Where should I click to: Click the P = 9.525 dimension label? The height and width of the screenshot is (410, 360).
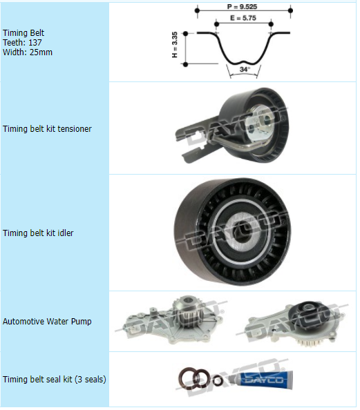(242, 6)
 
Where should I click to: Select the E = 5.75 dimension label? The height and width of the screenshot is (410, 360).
(243, 18)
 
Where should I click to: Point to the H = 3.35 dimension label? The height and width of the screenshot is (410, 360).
(175, 45)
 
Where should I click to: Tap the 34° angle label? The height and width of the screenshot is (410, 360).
(245, 69)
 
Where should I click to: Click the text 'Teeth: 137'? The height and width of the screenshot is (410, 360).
(22, 42)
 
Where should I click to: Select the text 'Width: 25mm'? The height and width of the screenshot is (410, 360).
(28, 52)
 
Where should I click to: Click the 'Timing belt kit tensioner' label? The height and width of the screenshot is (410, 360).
(47, 128)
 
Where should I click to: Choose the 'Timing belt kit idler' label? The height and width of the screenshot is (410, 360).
(38, 233)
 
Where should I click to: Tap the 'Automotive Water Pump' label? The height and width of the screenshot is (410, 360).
(47, 321)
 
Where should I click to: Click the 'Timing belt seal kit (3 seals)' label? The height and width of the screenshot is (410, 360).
(55, 379)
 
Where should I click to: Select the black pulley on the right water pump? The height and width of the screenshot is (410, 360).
(312, 312)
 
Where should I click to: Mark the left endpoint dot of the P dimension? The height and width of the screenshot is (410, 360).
(198, 10)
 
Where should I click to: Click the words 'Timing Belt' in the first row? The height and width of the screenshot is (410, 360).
(23, 32)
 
